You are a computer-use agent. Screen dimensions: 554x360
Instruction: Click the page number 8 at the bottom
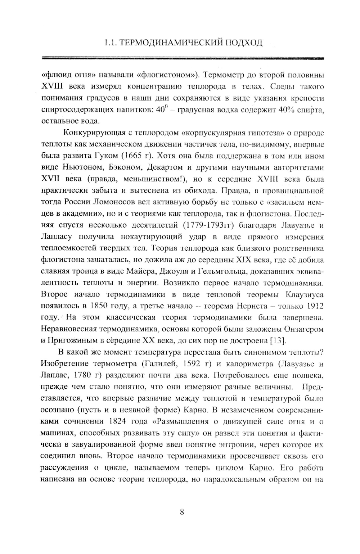pyautogui.click(x=181, y=512)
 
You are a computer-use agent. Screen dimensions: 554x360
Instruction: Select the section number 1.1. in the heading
pyautogui.click(x=109, y=43)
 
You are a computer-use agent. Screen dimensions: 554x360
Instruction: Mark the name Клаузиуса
pyautogui.click(x=304, y=294)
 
